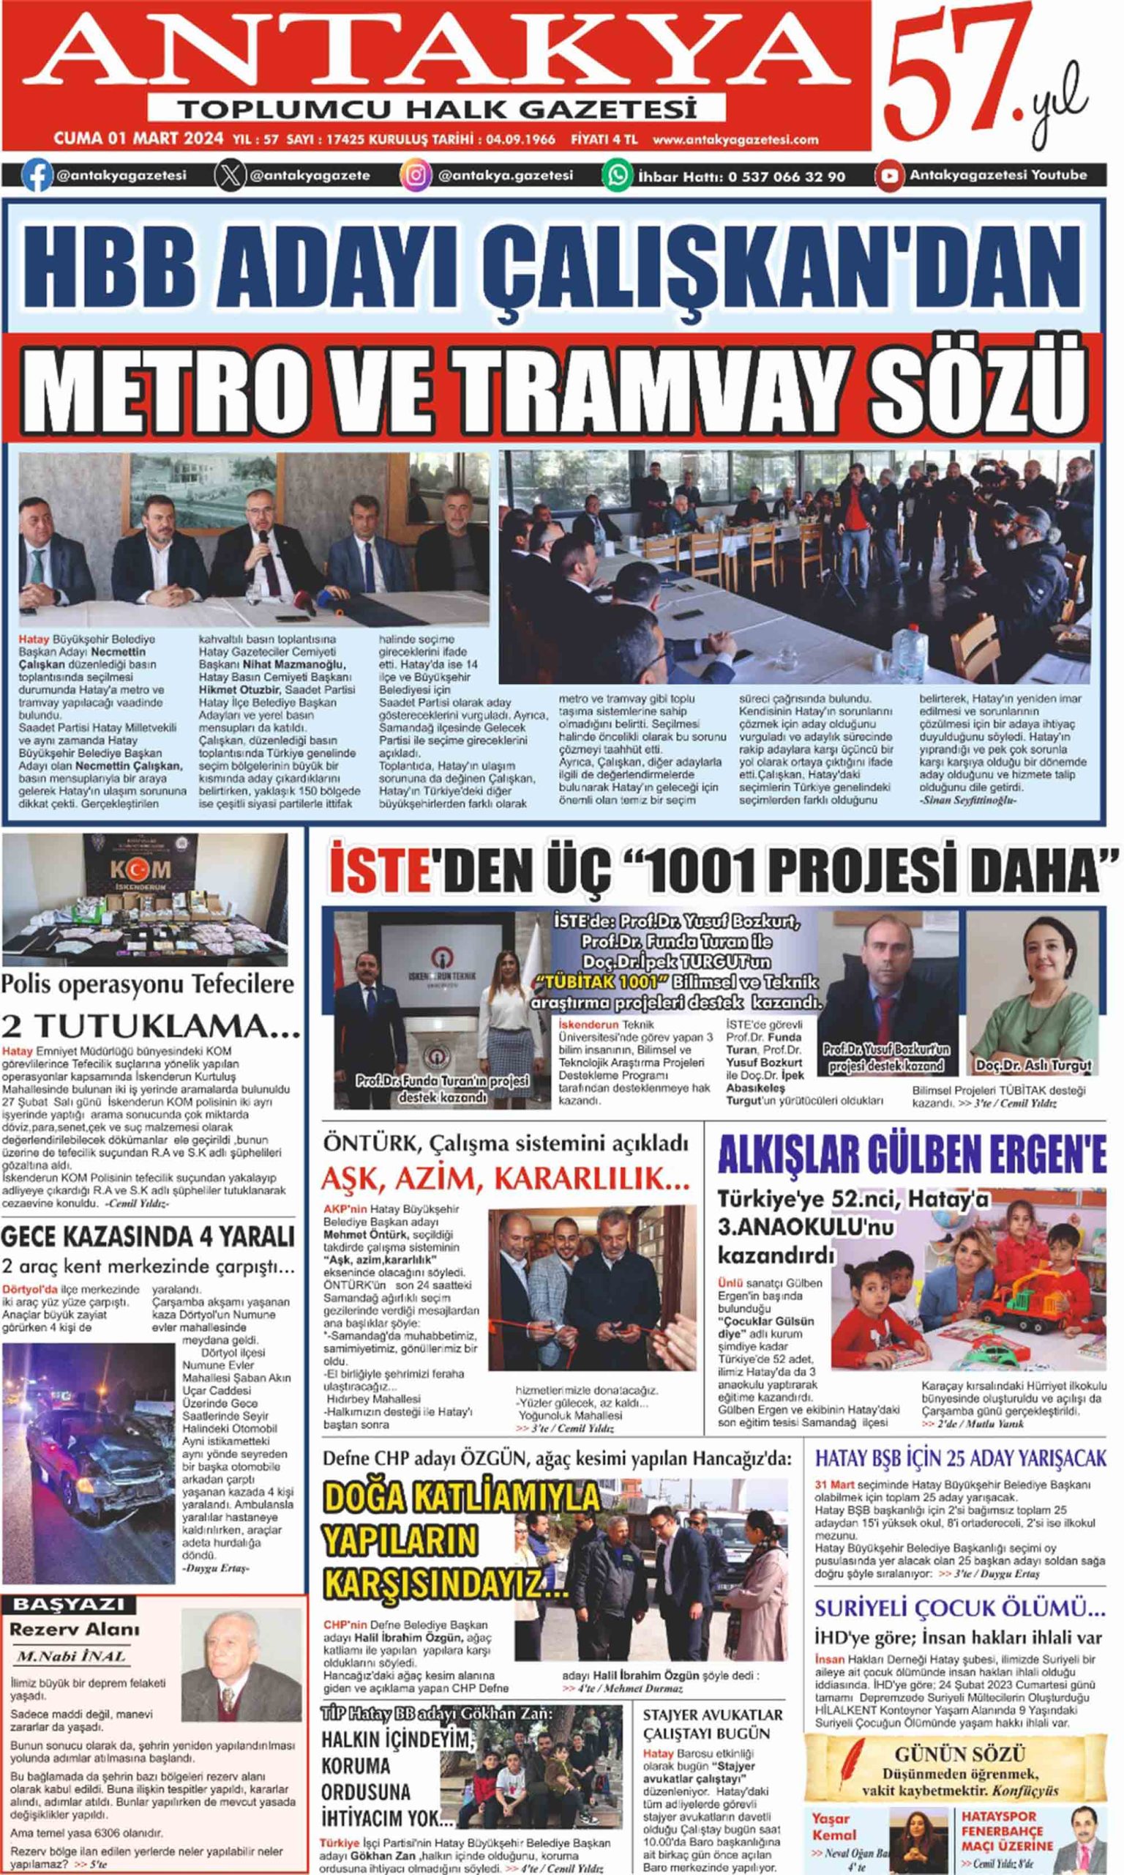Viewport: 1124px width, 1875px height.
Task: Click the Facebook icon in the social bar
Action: tap(36, 175)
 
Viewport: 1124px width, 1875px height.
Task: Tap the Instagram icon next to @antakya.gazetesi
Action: tap(415, 175)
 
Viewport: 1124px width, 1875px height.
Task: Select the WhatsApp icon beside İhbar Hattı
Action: tap(617, 175)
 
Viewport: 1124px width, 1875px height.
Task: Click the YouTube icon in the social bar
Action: tap(889, 175)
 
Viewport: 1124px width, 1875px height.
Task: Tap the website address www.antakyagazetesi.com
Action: tap(735, 139)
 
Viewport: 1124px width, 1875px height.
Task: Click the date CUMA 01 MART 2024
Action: tap(138, 138)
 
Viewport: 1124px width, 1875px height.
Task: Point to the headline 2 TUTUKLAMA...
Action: tap(150, 1025)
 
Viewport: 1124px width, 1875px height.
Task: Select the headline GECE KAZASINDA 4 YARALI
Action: tap(148, 1236)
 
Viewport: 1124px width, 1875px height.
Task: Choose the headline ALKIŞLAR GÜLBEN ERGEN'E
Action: tap(912, 1156)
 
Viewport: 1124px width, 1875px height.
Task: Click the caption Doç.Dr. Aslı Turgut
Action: tap(1033, 1065)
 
